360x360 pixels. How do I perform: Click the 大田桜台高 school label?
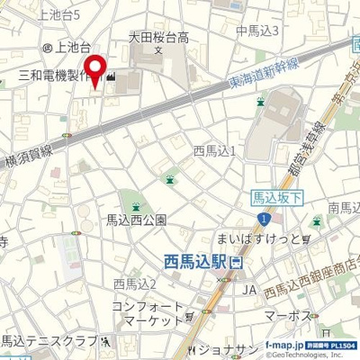pos(157,38)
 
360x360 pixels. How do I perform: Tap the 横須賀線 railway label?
pos(29,156)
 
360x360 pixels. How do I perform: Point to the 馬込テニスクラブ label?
pos(49,341)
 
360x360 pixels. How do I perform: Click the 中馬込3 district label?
pos(257,31)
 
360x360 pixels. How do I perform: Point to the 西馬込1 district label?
pos(214,151)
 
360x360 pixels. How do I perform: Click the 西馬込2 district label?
pos(135,284)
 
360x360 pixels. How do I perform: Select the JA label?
pos(249,289)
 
